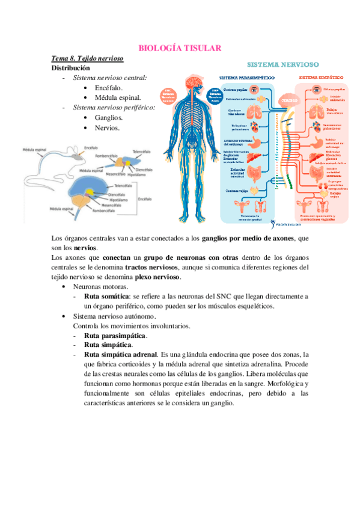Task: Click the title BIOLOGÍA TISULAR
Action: (180, 48)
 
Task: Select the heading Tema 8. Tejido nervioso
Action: (88, 58)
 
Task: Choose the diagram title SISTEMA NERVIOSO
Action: (284, 64)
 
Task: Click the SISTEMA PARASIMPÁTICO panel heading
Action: (247, 78)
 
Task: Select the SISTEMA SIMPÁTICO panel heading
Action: (325, 78)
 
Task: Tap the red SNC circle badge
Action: (169, 94)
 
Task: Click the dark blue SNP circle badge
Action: (213, 94)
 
